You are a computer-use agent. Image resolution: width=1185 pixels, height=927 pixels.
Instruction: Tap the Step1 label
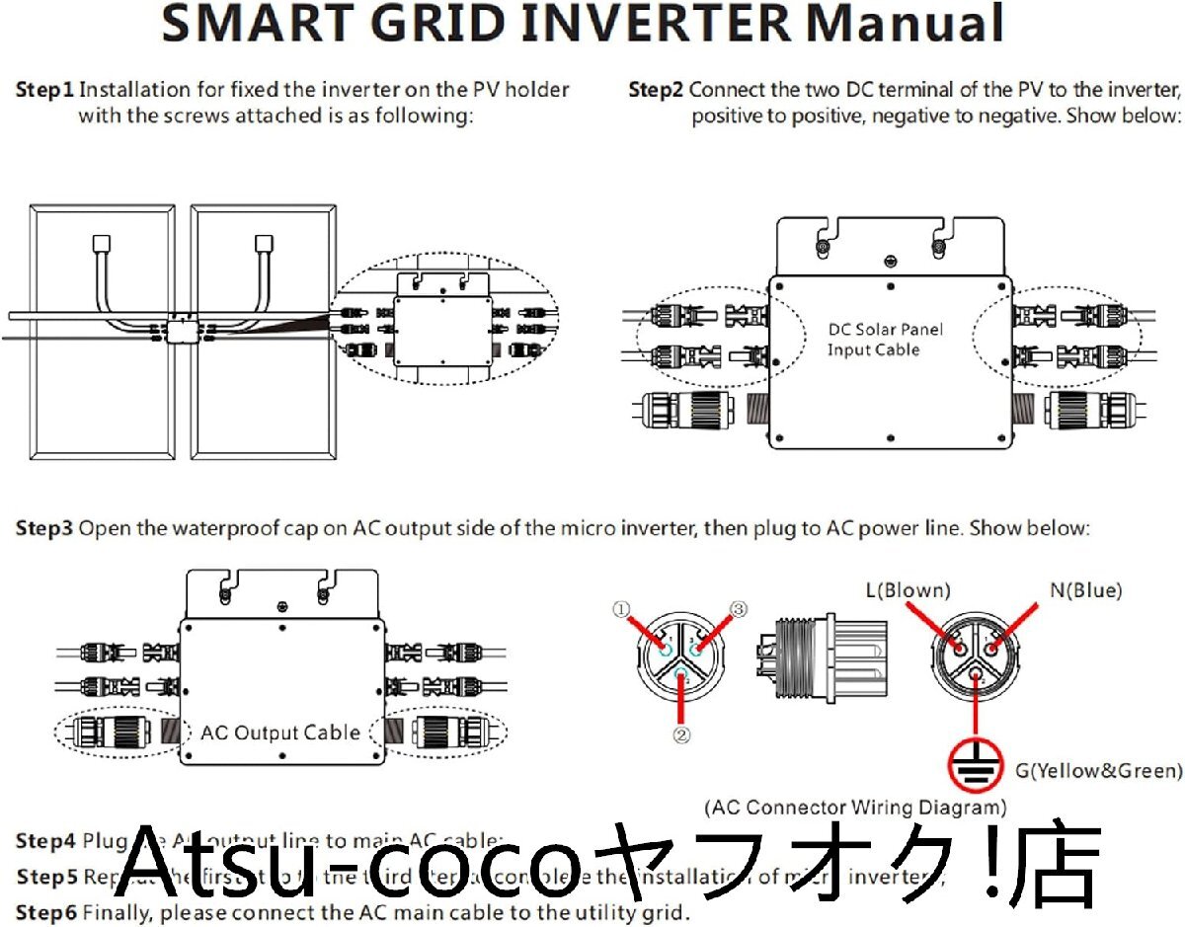click(44, 90)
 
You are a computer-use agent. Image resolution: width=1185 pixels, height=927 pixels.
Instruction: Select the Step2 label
click(657, 90)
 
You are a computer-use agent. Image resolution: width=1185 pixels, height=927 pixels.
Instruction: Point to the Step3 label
click(44, 528)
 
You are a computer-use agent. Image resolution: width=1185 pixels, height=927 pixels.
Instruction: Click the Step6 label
click(44, 911)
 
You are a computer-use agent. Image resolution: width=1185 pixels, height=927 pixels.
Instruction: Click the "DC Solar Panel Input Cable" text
click(873, 339)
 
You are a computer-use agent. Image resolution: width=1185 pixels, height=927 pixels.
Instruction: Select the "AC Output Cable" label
click(279, 733)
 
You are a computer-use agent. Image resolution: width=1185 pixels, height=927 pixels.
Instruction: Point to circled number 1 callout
click(621, 610)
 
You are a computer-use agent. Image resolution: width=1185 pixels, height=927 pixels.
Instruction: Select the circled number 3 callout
click(736, 608)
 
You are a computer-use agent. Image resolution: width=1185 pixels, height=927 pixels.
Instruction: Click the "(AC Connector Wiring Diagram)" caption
click(855, 807)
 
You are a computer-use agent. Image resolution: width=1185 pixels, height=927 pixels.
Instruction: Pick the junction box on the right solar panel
click(264, 242)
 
